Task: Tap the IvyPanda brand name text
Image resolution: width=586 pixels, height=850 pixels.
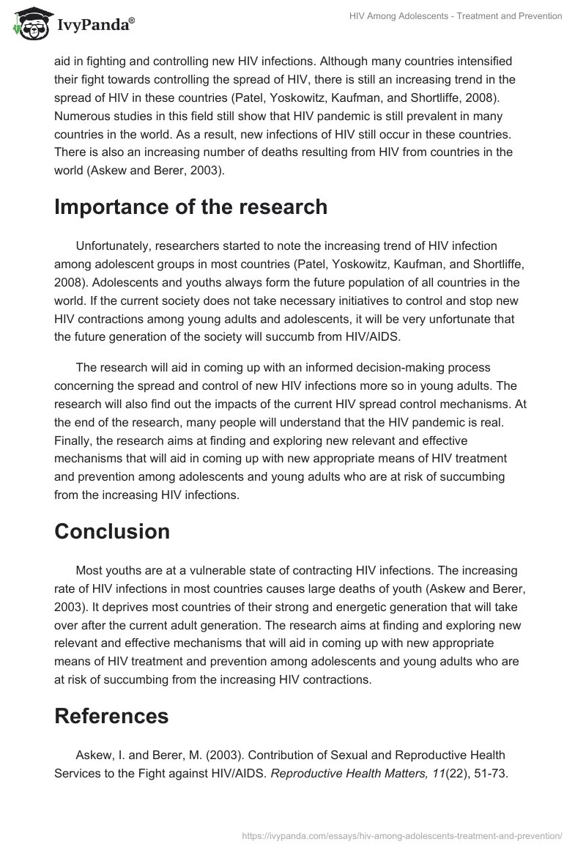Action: click(94, 25)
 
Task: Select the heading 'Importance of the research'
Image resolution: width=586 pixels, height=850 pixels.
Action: click(190, 207)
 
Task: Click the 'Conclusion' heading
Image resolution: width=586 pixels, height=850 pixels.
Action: click(112, 531)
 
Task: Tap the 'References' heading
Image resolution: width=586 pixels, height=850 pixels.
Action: click(111, 715)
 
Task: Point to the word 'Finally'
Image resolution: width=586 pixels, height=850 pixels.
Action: click(74, 440)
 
